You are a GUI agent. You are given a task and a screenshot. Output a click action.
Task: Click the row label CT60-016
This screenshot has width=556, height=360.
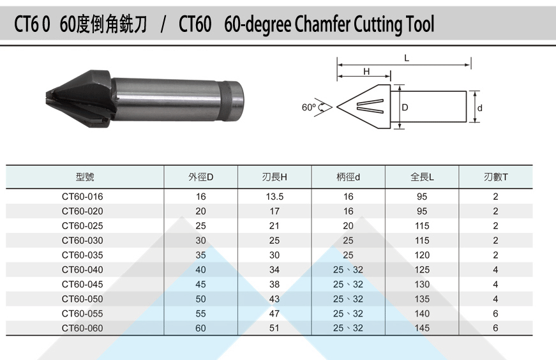(x=82, y=197)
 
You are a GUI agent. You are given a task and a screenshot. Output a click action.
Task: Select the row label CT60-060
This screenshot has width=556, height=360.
(x=82, y=328)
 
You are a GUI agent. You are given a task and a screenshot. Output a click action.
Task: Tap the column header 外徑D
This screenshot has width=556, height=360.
(x=200, y=177)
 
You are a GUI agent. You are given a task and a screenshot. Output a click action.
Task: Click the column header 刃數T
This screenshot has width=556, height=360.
(x=495, y=177)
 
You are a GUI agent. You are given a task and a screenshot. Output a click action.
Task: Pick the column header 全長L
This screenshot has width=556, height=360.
(x=422, y=177)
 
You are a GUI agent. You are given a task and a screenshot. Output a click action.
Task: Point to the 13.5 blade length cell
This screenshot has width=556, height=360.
(x=274, y=197)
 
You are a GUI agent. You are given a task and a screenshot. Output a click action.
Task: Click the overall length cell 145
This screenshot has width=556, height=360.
(x=422, y=328)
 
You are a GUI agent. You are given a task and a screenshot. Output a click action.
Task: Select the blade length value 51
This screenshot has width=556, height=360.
(x=274, y=328)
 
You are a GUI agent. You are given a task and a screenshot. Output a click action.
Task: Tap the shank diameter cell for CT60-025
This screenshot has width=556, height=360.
(x=348, y=226)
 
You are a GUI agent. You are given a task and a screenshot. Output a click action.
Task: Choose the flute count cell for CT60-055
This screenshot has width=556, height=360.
(x=495, y=313)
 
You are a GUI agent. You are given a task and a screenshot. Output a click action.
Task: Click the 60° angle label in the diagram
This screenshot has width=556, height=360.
(x=309, y=107)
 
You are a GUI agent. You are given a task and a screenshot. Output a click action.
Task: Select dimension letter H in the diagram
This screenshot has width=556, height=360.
(x=366, y=71)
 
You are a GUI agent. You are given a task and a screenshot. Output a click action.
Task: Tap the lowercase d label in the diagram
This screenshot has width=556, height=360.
(x=480, y=108)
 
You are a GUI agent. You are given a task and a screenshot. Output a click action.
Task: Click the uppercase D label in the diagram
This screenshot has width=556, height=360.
(x=405, y=108)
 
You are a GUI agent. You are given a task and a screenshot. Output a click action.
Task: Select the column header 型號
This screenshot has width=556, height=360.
(x=84, y=177)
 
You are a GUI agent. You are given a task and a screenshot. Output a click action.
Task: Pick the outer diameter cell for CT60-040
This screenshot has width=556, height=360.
(x=200, y=270)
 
